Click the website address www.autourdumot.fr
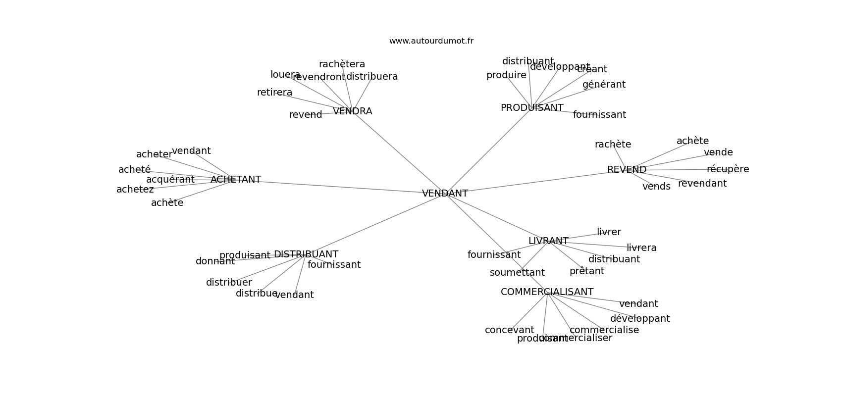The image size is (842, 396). [431, 41]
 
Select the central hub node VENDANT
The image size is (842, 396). [445, 194]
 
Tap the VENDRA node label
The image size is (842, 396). [352, 111]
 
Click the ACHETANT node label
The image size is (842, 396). [236, 180]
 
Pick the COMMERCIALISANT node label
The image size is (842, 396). [547, 292]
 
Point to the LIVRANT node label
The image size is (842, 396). [548, 241]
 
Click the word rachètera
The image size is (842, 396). [342, 64]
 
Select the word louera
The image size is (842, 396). [285, 75]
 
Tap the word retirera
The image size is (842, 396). [274, 93]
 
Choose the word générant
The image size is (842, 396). [604, 85]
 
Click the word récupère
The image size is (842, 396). [728, 169]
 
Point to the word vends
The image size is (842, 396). [656, 187]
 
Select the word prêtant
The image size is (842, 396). [586, 271]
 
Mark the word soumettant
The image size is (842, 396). [517, 273]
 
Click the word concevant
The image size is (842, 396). [509, 330]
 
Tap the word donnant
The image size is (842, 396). [215, 261]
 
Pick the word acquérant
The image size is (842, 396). [170, 180]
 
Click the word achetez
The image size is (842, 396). [135, 190]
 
